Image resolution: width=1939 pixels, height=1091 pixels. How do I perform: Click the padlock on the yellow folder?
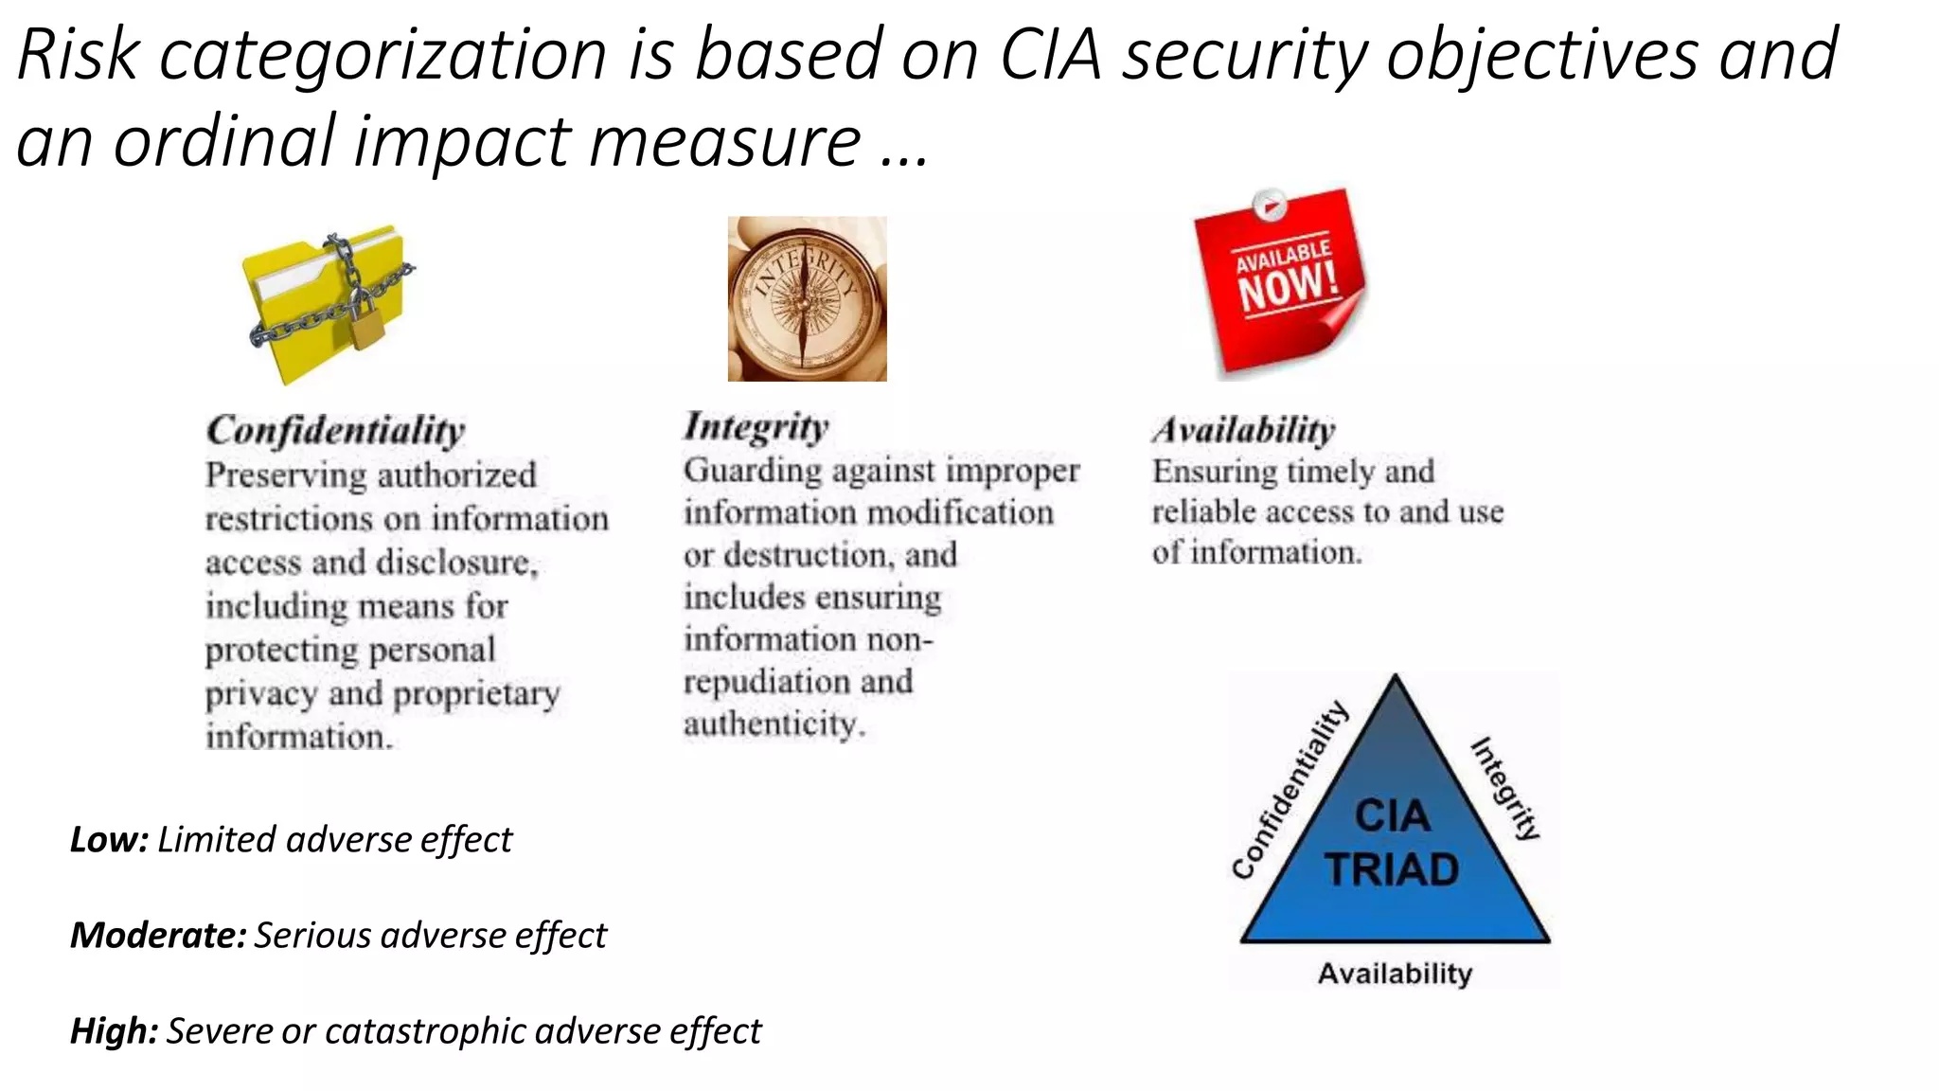tap(365, 322)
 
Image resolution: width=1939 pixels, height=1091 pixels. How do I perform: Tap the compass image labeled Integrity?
tap(807, 299)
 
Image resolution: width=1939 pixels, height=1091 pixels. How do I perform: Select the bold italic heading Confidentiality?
tap(336, 431)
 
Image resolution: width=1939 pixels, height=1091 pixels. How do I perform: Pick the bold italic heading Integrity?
tap(756, 426)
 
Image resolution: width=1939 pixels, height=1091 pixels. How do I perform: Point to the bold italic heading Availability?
tap(1243, 431)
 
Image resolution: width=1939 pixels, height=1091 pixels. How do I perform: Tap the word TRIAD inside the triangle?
tap(1392, 870)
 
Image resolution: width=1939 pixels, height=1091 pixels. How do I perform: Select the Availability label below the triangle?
tap(1395, 974)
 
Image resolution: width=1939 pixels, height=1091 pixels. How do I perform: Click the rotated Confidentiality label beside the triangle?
tap(1290, 790)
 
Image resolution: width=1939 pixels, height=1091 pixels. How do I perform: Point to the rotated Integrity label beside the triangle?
tap(1505, 788)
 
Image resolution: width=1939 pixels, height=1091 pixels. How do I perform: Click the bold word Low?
tap(109, 840)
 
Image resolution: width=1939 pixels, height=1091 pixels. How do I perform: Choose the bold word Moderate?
tap(158, 936)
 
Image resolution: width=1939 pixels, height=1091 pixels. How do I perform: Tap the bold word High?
tap(114, 1031)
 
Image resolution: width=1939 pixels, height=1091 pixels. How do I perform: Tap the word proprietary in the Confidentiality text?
tap(476, 694)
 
